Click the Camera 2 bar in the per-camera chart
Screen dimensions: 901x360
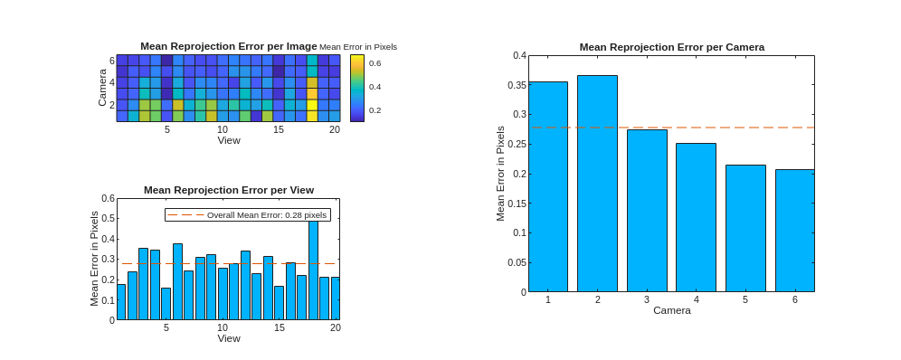[x=597, y=184]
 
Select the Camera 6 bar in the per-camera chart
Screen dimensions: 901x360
[x=794, y=231]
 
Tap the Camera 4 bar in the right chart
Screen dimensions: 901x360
[x=696, y=218]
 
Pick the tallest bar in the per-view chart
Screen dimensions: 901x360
[x=313, y=270]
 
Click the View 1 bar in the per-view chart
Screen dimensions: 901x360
[x=120, y=302]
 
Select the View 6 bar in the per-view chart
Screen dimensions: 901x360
[x=177, y=281]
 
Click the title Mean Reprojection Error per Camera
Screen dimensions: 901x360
[x=672, y=47]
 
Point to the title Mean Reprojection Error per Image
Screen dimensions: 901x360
[x=229, y=46]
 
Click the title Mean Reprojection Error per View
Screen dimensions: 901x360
[x=229, y=189]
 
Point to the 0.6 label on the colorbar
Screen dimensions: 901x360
[x=375, y=63]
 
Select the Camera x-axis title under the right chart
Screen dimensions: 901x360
[x=672, y=310]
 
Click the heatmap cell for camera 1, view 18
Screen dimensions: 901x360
[x=312, y=116]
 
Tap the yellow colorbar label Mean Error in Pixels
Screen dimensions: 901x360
[x=358, y=47]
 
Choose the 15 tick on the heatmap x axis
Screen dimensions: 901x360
[x=278, y=129]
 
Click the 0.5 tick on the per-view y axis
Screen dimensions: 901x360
[x=108, y=218]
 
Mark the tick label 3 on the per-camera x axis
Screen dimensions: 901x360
[x=647, y=299]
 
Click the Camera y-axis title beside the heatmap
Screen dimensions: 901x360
[x=102, y=88]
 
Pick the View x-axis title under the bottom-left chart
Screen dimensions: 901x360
[x=229, y=338]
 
